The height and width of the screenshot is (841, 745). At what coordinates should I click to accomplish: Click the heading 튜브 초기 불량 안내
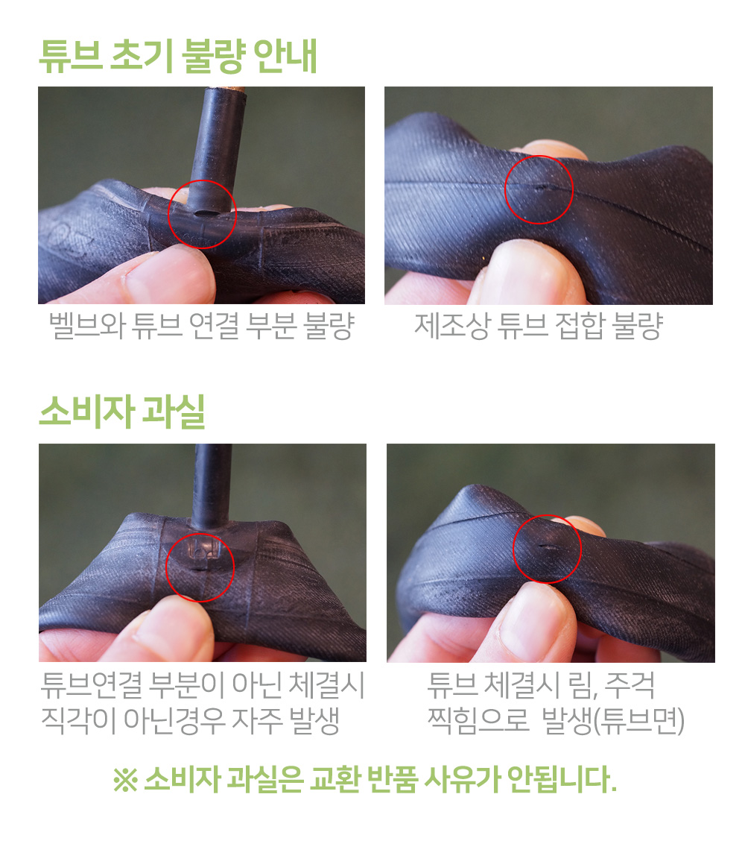179,56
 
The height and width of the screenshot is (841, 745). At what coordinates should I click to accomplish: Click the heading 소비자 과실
123,412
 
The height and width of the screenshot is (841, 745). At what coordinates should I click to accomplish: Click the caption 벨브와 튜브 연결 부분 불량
202,326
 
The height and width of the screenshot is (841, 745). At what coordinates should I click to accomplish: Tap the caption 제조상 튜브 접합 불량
539,326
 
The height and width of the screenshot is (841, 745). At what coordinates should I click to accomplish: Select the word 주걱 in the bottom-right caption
630,685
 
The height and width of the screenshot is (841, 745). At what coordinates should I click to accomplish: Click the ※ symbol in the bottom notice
125,780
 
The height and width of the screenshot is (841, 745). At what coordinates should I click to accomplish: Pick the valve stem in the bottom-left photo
212,486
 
